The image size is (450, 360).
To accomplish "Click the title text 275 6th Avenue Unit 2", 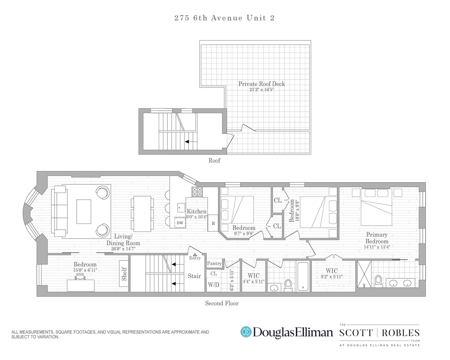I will coord(224,18).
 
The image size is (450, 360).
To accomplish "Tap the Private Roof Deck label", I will coord(261,84).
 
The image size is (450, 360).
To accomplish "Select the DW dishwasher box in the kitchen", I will coord(180,223).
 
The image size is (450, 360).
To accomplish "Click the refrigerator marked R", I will coord(213,223).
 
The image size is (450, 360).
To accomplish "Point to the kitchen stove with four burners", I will coord(197,192).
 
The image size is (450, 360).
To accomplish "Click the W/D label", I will coord(213,285).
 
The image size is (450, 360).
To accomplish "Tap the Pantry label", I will coord(214,264).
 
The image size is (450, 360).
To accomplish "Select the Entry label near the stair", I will coord(195,258).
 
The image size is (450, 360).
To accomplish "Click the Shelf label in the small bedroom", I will coord(124,274).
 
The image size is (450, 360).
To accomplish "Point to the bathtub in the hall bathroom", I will coord(303,276).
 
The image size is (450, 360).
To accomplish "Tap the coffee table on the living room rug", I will coord(84,212).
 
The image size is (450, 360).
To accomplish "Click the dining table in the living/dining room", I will coord(142,214).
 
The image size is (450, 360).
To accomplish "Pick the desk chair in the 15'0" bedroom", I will coord(80,277).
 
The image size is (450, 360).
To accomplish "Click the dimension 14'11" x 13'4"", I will coord(377,247).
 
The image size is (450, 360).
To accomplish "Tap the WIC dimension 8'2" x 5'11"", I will coord(332,277).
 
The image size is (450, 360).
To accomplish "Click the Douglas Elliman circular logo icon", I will coord(246,332).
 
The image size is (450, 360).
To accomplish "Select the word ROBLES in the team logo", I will coord(401,333).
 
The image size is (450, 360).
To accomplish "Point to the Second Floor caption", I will coord(222,303).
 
